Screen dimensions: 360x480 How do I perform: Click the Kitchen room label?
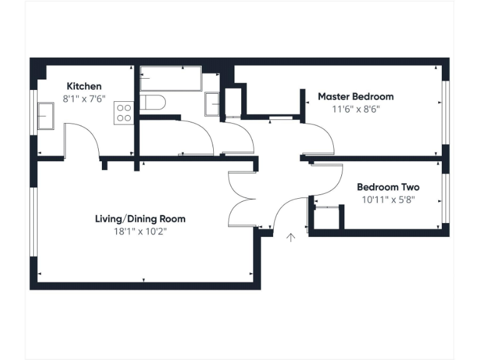tap(84, 86)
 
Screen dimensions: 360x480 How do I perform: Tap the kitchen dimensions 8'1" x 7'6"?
tap(84, 98)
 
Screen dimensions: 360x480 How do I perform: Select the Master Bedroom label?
tap(356, 96)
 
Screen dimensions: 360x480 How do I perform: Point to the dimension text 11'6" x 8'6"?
tap(356, 108)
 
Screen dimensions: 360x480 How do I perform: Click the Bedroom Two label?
tap(387, 187)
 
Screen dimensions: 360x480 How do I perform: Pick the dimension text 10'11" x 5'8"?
tap(387, 199)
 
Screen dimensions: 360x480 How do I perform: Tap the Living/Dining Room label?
tap(140, 219)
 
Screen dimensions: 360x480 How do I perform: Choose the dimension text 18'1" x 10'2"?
tap(140, 231)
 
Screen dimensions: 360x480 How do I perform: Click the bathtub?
tap(171, 79)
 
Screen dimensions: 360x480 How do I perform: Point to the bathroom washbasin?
tap(212, 102)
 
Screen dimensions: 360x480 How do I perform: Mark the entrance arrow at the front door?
tap(291, 237)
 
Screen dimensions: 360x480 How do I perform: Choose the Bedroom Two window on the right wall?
tap(446, 197)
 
